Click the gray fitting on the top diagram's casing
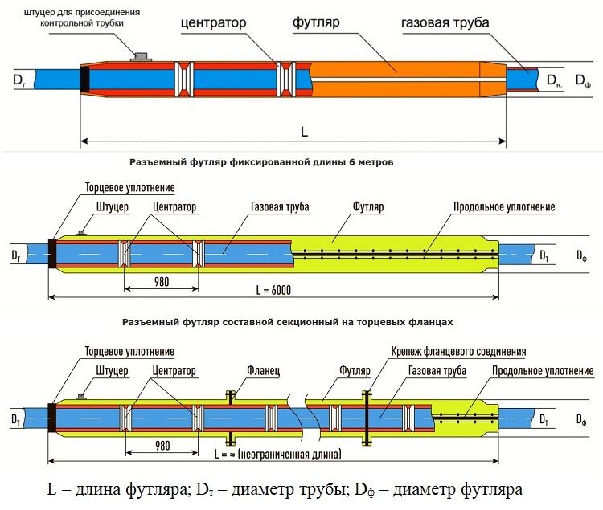coord(142,57)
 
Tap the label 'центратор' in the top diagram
coord(213,22)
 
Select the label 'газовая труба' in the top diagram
coord(445,22)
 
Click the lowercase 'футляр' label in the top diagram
coord(316,22)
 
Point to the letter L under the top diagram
coord(304,132)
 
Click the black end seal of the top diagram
coord(84,79)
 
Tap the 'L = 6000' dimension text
coord(273,290)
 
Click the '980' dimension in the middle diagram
coord(162,282)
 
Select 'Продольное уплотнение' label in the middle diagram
coord(504,206)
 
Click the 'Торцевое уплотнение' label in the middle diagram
coord(130,187)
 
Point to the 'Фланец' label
coord(264,370)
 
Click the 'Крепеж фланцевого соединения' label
coord(458,351)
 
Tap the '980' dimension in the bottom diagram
coord(162,446)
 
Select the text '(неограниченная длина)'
coord(289,455)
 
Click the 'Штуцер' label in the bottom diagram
coord(112,370)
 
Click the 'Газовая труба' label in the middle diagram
coord(280,206)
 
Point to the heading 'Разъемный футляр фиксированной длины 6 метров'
coord(261,162)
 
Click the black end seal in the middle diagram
coord(52,253)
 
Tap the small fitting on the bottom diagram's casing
coord(80,397)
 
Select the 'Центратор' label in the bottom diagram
coord(174,370)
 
